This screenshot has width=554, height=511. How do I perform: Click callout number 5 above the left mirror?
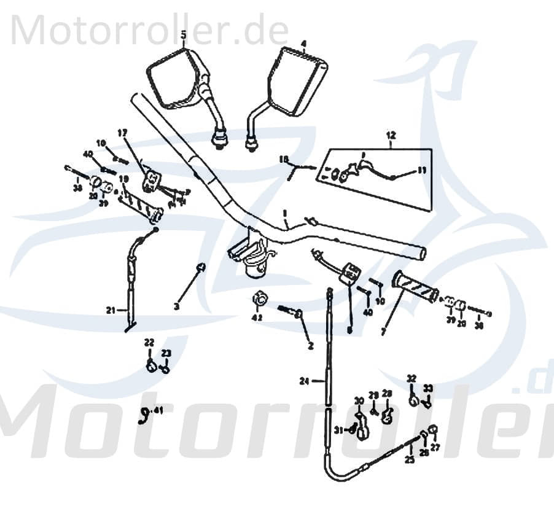click(x=183, y=34)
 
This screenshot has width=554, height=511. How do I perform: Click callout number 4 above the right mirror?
click(x=303, y=43)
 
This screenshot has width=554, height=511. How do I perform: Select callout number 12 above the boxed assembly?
click(x=391, y=135)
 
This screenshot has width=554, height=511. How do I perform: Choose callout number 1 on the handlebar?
click(x=285, y=213)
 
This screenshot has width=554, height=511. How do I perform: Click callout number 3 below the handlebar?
click(x=177, y=306)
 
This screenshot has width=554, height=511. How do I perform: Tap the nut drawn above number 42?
click(x=260, y=300)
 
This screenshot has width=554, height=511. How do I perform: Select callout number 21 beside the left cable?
click(x=111, y=310)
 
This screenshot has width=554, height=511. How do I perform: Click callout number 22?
click(x=149, y=343)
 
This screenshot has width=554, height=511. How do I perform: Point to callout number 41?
click(x=158, y=410)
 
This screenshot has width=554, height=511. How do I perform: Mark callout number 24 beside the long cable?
click(x=304, y=381)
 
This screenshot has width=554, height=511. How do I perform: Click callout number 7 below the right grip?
click(x=383, y=331)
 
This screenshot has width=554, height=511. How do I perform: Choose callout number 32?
click(x=412, y=378)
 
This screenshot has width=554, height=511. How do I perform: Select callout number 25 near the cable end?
click(x=409, y=459)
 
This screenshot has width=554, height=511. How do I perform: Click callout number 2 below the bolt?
click(x=310, y=346)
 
